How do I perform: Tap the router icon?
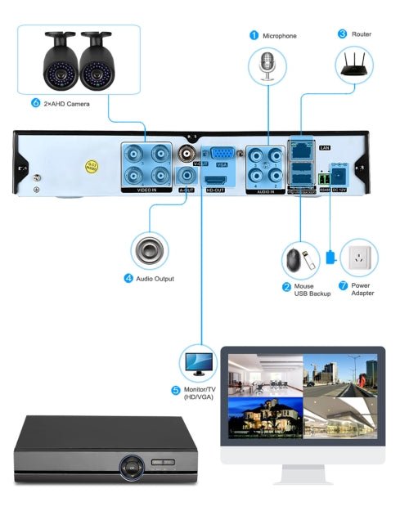click(353, 65)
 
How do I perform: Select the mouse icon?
click(294, 260)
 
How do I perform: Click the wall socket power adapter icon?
click(358, 259)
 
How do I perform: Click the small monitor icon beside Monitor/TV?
click(199, 361)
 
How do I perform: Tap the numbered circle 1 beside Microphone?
click(254, 35)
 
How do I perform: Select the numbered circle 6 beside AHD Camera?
click(35, 104)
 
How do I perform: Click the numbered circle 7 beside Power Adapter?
click(343, 287)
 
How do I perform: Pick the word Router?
click(362, 34)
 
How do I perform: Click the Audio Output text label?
click(155, 278)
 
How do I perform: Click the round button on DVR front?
click(129, 468)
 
